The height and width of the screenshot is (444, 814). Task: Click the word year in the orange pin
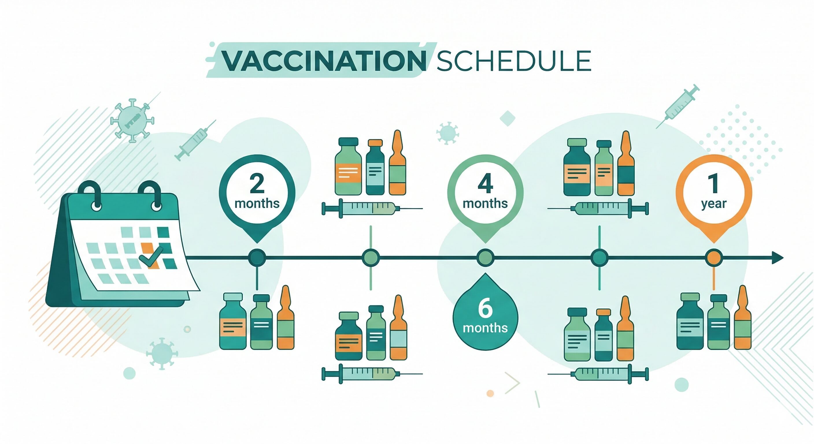(713, 204)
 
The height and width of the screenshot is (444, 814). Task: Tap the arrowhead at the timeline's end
(778, 258)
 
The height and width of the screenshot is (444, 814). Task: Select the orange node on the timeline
(713, 258)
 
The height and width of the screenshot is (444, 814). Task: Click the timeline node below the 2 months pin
(257, 258)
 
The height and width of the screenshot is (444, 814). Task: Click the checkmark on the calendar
(151, 257)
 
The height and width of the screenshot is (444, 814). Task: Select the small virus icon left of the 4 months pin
(447, 133)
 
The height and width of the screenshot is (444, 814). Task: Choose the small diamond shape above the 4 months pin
(508, 119)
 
